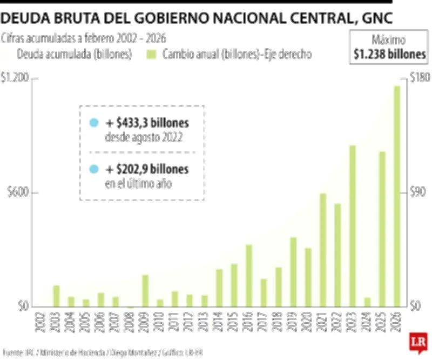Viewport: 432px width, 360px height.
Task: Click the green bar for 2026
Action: coord(397,196)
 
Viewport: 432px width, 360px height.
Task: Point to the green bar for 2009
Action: coord(145,291)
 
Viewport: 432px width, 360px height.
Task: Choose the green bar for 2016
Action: coord(249,276)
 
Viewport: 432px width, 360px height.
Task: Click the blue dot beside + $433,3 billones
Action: coord(94,123)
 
